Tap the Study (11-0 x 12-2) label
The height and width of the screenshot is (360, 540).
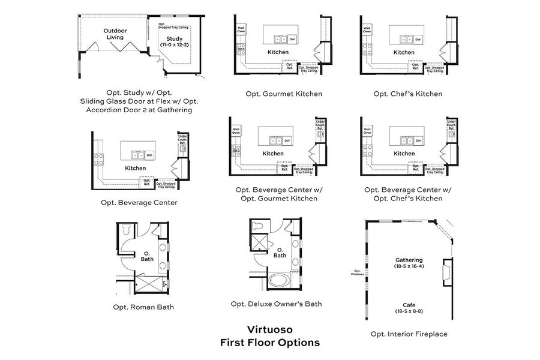174,41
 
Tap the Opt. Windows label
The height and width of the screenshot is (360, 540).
358,273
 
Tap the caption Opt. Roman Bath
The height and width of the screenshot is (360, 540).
139,307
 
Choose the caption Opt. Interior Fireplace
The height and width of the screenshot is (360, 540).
409,334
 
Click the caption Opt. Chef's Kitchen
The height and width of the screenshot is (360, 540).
407,94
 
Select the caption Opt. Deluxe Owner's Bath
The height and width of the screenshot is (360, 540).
276,304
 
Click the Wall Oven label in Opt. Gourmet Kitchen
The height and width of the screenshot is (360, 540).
242,28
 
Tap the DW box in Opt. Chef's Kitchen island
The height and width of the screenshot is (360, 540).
418,40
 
